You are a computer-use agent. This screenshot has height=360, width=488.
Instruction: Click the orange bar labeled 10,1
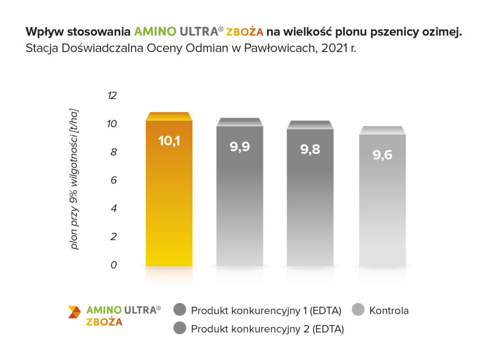click(x=169, y=200)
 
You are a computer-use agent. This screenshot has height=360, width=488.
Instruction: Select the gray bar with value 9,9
click(x=240, y=200)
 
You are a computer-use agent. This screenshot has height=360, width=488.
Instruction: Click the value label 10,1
click(x=169, y=141)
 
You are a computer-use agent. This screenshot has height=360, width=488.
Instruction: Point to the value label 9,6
click(x=382, y=155)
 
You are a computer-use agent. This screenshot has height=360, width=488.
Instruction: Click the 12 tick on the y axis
click(x=112, y=96)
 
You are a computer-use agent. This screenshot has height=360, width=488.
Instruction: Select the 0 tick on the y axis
click(x=113, y=265)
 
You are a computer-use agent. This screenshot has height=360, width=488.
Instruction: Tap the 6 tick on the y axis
click(x=113, y=180)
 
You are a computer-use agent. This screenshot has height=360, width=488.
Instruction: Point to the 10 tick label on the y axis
click(x=112, y=124)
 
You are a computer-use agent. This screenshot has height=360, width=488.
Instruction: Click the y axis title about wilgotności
click(x=75, y=179)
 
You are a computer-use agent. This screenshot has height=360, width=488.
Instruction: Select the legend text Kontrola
click(x=389, y=311)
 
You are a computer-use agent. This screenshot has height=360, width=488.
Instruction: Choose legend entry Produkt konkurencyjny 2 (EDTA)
click(x=267, y=329)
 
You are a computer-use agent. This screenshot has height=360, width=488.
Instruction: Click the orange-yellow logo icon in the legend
click(x=74, y=312)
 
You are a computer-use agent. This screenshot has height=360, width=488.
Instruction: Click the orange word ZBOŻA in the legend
click(x=104, y=322)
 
